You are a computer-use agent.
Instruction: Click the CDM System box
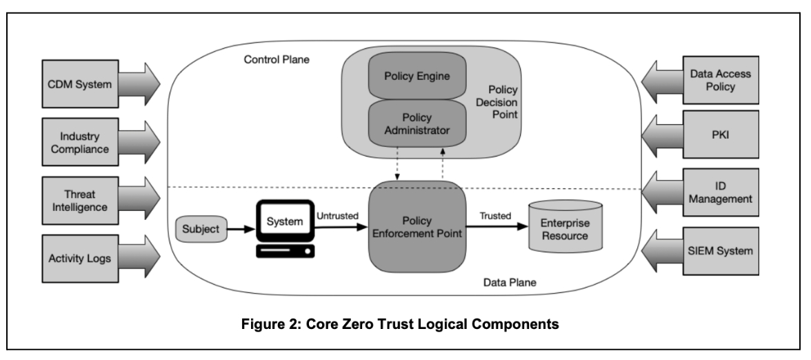[79, 86]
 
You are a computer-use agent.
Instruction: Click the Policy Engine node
[408, 75]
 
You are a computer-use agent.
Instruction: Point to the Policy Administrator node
[408, 124]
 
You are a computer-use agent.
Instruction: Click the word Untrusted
[337, 216]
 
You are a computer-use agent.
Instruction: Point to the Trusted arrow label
[495, 216]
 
